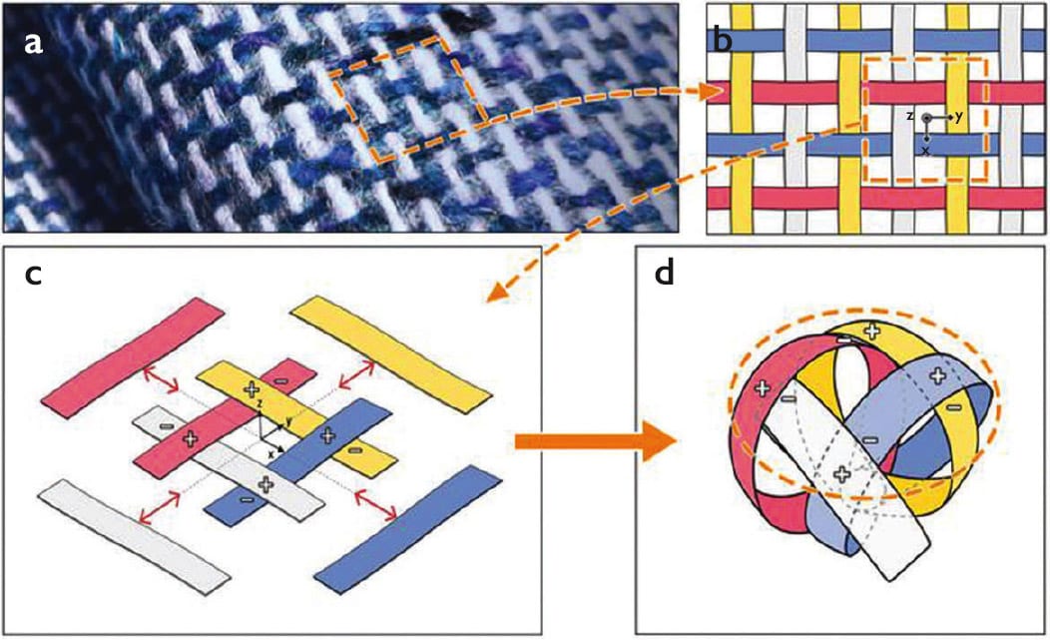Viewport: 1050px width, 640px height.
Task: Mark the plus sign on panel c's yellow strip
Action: pyautogui.click(x=251, y=387)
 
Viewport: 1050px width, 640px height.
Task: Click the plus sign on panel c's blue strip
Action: pyautogui.click(x=327, y=434)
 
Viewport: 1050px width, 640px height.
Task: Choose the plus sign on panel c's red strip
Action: pyautogui.click(x=190, y=437)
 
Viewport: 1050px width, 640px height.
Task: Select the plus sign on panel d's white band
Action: pyautogui.click(x=840, y=474)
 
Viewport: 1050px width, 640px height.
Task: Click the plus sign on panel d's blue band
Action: pyautogui.click(x=937, y=375)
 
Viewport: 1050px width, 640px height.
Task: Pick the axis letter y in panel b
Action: pyautogui.click(x=958, y=117)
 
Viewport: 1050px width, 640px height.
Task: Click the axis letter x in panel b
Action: pyautogui.click(x=926, y=150)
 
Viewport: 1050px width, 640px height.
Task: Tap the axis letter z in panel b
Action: pyautogui.click(x=910, y=117)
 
